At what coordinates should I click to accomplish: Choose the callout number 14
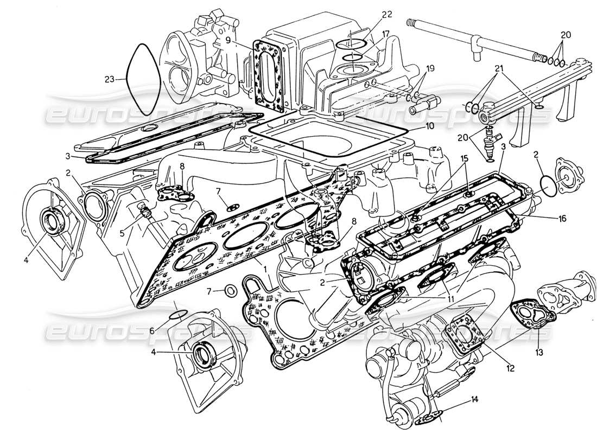point(474,400)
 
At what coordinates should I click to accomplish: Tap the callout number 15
point(465,158)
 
